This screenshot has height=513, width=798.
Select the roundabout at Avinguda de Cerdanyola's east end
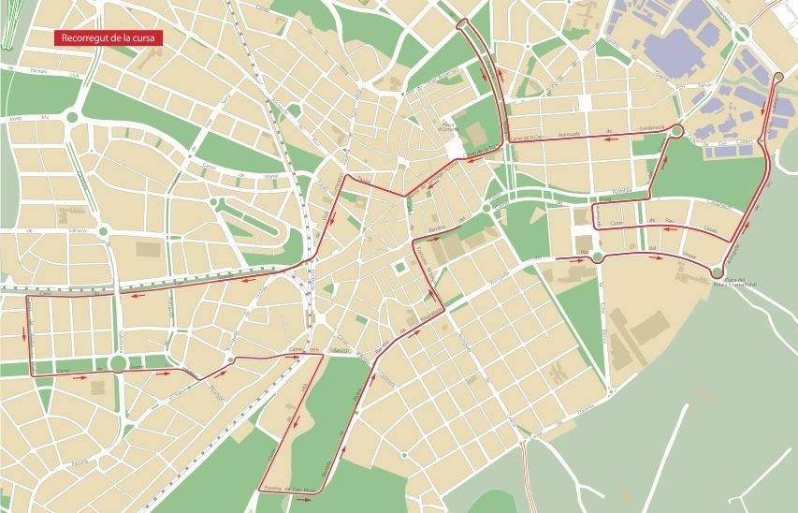(677, 132)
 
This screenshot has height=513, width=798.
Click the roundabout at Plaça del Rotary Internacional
(718, 272)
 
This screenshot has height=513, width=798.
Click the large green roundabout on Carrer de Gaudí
(119, 363)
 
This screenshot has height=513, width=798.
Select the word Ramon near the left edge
(38, 70)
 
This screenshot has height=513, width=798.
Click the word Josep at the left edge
(14, 119)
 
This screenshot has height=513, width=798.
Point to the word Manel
(246, 174)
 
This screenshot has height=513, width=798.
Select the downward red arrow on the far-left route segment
(22, 332)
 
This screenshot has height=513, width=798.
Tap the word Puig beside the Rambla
(604, 198)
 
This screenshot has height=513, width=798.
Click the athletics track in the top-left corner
(9, 28)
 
